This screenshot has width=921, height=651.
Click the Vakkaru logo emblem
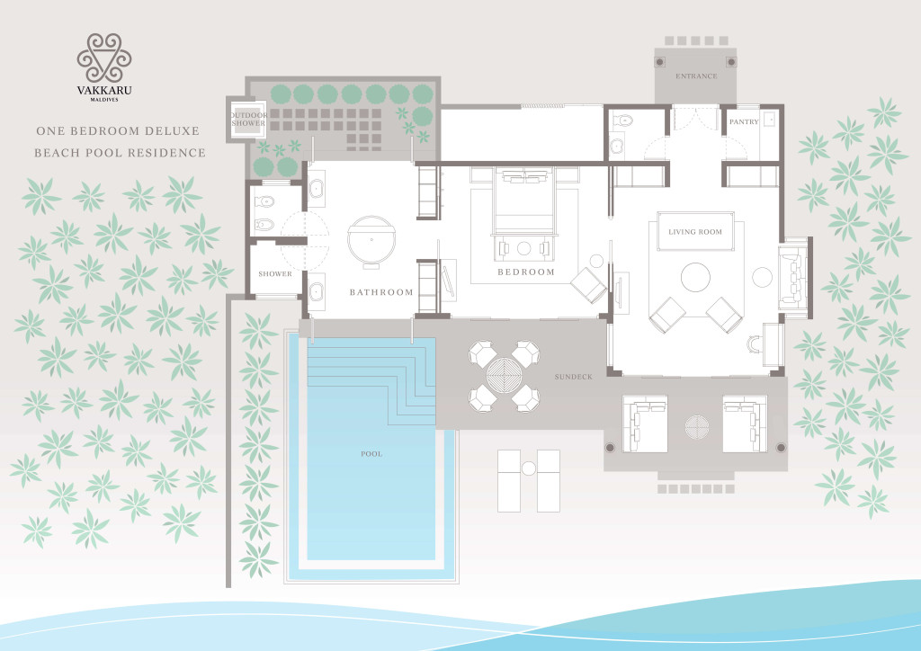click(104, 58)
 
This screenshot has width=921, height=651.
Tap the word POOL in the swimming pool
click(371, 454)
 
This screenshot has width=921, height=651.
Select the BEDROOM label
click(525, 272)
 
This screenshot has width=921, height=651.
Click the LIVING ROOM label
click(695, 232)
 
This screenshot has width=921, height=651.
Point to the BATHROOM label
click(381, 291)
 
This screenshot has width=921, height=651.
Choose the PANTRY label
click(744, 121)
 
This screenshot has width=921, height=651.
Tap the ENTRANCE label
click(696, 76)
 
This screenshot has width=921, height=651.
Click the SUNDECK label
click(573, 376)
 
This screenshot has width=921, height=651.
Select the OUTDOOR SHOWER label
click(248, 120)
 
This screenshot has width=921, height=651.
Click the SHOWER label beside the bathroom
click(275, 273)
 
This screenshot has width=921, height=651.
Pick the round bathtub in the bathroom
click(371, 241)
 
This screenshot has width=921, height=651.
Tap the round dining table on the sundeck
click(504, 376)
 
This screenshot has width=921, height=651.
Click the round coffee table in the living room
click(695, 277)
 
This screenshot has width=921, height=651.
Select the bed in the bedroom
click(524, 201)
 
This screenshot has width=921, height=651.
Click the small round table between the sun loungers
click(529, 468)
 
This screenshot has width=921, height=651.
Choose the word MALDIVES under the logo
click(104, 100)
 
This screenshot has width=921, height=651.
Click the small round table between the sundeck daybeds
click(697, 427)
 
